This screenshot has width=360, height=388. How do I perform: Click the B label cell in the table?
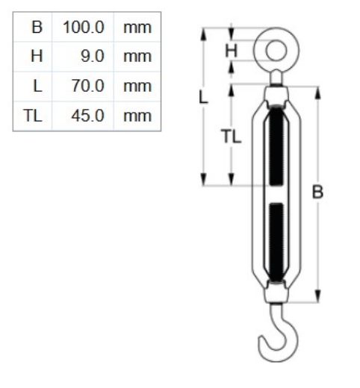click(34, 28)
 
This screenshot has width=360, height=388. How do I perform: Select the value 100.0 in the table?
click(82, 28)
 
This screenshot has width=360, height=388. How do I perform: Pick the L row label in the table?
click(36, 86)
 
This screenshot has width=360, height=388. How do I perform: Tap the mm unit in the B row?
click(137, 28)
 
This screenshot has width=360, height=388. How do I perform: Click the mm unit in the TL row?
click(137, 115)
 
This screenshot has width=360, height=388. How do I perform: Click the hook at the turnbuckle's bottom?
click(275, 339)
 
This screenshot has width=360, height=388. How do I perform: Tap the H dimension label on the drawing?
click(232, 51)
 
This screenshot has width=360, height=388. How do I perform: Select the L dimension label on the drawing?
click(202, 97)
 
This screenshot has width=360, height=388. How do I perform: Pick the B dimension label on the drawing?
click(317, 192)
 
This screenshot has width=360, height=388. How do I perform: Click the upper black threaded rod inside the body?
click(276, 145)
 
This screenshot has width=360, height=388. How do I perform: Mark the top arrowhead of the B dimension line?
click(319, 90)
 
